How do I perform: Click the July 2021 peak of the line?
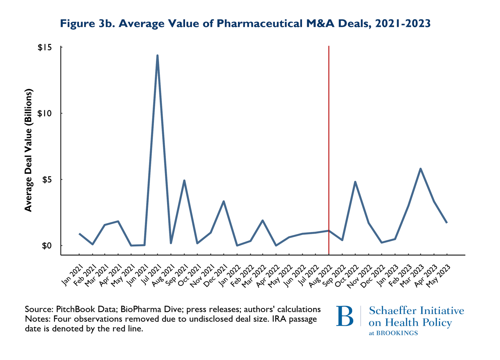157,56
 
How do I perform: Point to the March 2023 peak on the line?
421,169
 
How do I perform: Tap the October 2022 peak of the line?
355,182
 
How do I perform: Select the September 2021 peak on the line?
184,181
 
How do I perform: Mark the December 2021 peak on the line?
224,201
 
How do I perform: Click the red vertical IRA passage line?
329,133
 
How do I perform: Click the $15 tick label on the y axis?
45,48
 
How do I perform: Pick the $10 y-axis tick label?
45,113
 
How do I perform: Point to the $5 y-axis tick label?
46,180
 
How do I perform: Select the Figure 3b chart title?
245,24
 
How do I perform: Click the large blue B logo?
345,316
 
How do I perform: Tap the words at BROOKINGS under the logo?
393,333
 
